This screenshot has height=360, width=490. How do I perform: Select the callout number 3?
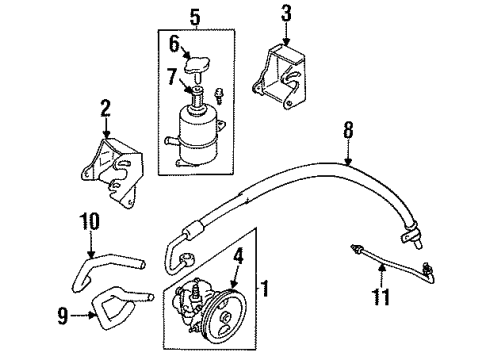285,14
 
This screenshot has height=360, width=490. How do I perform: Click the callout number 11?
379,298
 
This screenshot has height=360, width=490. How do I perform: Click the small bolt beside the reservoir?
224,98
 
